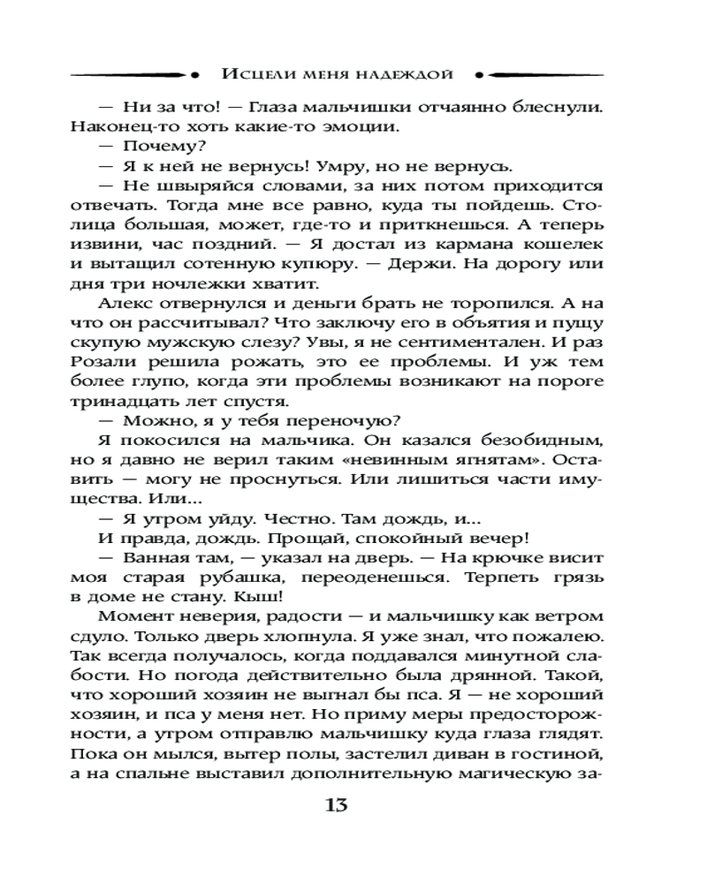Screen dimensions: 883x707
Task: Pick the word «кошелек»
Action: tap(564, 244)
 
